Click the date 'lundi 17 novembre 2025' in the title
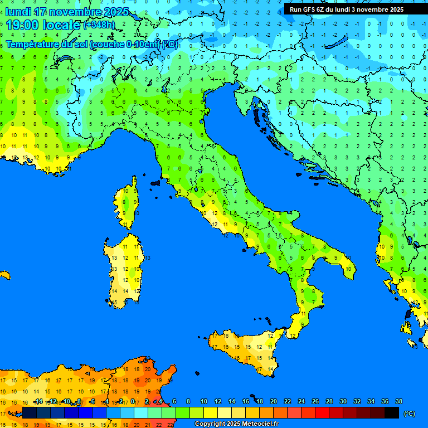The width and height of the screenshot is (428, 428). pos(67,12)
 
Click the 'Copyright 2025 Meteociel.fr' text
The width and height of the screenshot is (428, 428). pos(236,424)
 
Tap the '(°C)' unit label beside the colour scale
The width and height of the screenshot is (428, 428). pos(409,414)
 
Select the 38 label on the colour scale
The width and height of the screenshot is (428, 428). pos(398,401)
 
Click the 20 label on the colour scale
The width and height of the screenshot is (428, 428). pos(273,401)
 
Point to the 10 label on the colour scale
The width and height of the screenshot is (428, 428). pos(203,401)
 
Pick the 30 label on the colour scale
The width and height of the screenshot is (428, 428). pos(343,401)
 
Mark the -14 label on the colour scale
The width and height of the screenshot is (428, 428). pos(38,401)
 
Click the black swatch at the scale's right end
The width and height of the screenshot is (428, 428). pos(392,413)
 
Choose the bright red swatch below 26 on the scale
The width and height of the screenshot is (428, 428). pos(322,413)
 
